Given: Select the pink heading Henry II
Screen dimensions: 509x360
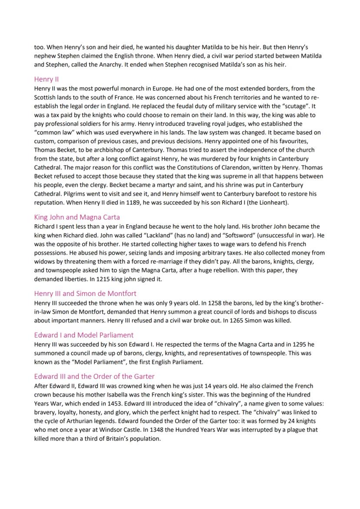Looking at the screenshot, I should click(47, 79).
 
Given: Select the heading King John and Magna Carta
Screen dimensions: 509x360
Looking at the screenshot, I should click(77, 217).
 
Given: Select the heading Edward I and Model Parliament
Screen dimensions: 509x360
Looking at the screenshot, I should click(83, 335).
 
